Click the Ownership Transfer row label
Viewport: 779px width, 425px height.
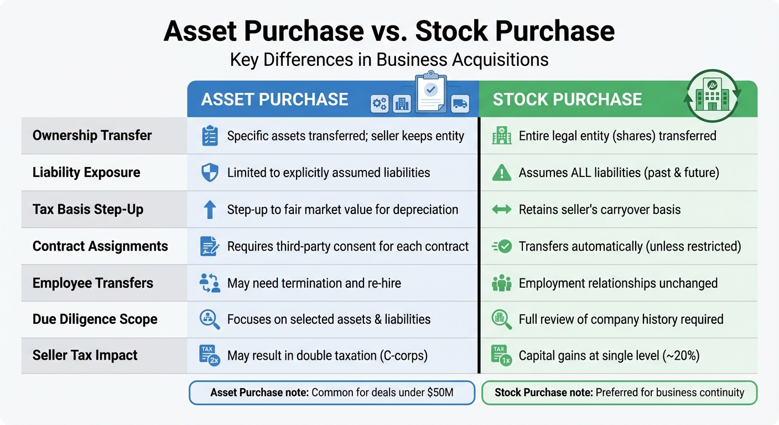point(92,136)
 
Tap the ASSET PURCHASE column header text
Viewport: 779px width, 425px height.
point(274,100)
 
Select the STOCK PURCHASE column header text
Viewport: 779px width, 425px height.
point(567,100)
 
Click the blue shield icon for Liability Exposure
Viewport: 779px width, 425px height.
point(210,173)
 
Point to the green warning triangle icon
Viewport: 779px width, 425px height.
point(501,173)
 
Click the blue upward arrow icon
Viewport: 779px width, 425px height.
point(210,210)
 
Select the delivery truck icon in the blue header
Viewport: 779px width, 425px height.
point(460,103)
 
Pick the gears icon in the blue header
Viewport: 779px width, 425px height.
point(380,103)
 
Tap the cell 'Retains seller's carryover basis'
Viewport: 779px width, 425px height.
point(599,210)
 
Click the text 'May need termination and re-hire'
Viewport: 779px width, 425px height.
point(314,283)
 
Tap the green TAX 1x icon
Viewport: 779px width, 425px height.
point(501,355)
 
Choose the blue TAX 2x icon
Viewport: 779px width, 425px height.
point(210,355)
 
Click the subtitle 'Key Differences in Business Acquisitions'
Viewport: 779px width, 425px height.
point(389,59)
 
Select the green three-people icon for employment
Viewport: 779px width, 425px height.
point(501,283)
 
